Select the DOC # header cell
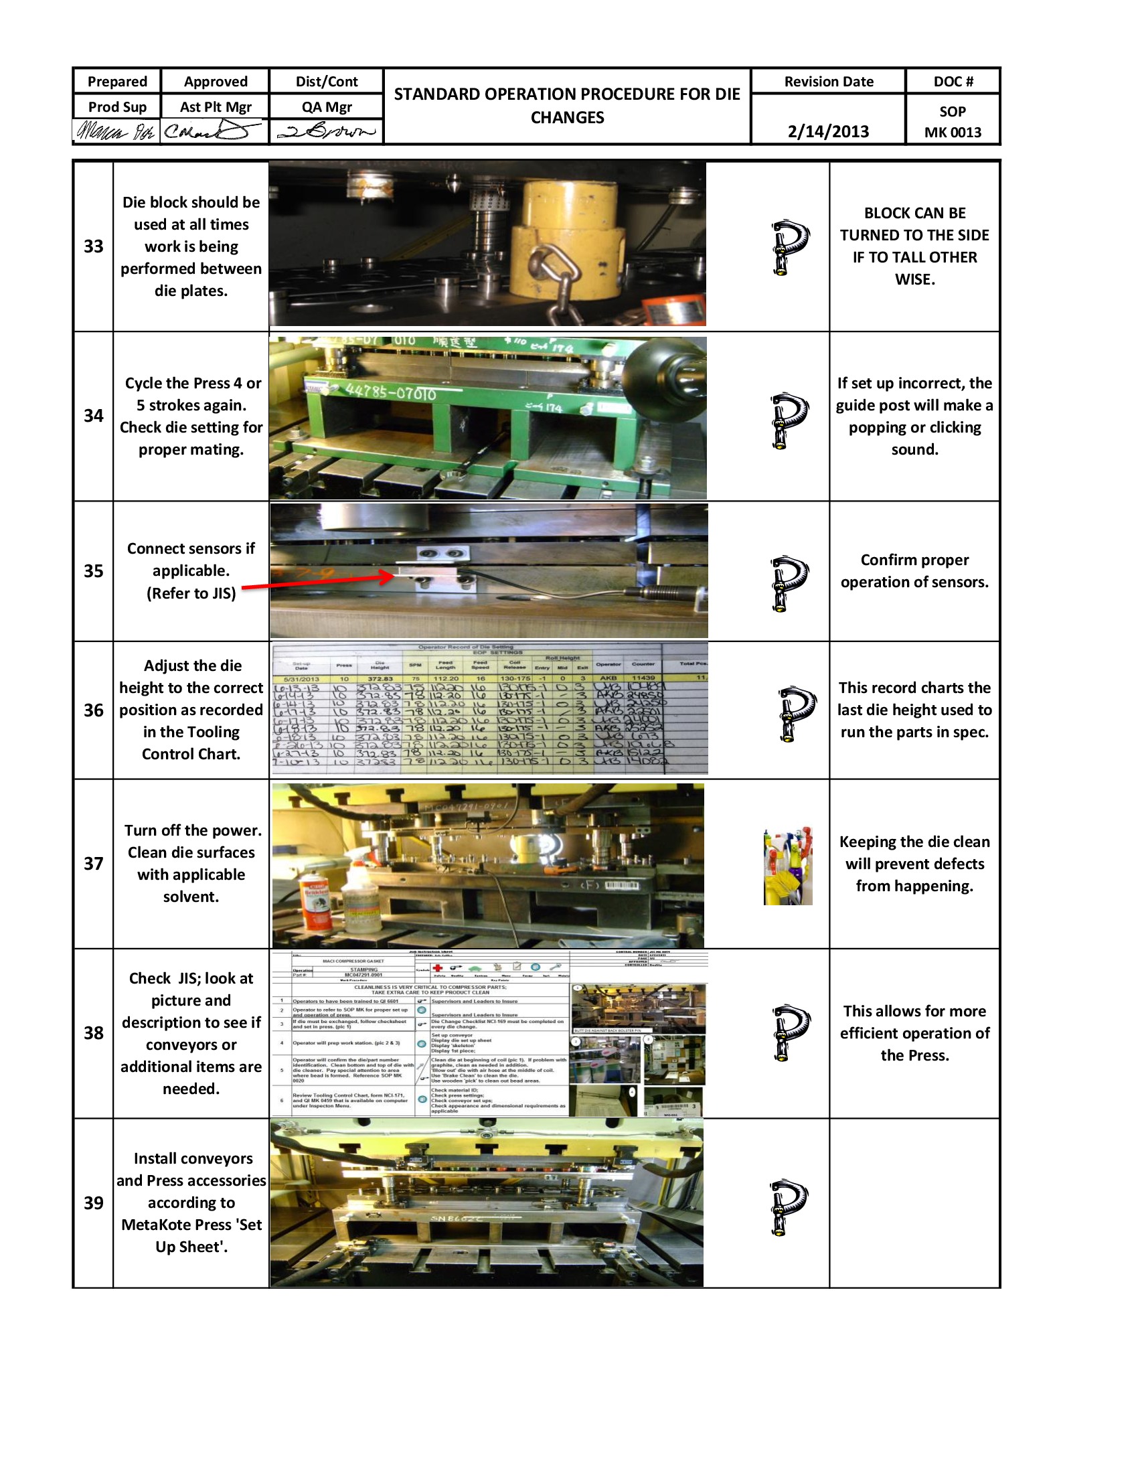[952, 82]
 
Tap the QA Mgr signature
[326, 131]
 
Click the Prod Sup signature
[116, 131]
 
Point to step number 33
[93, 246]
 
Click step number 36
[93, 710]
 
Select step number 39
[93, 1203]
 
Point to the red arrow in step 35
[317, 581]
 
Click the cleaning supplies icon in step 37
[787, 866]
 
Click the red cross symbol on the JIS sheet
[437, 967]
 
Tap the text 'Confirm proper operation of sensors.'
[914, 570]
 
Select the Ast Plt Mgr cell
[215, 106]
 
